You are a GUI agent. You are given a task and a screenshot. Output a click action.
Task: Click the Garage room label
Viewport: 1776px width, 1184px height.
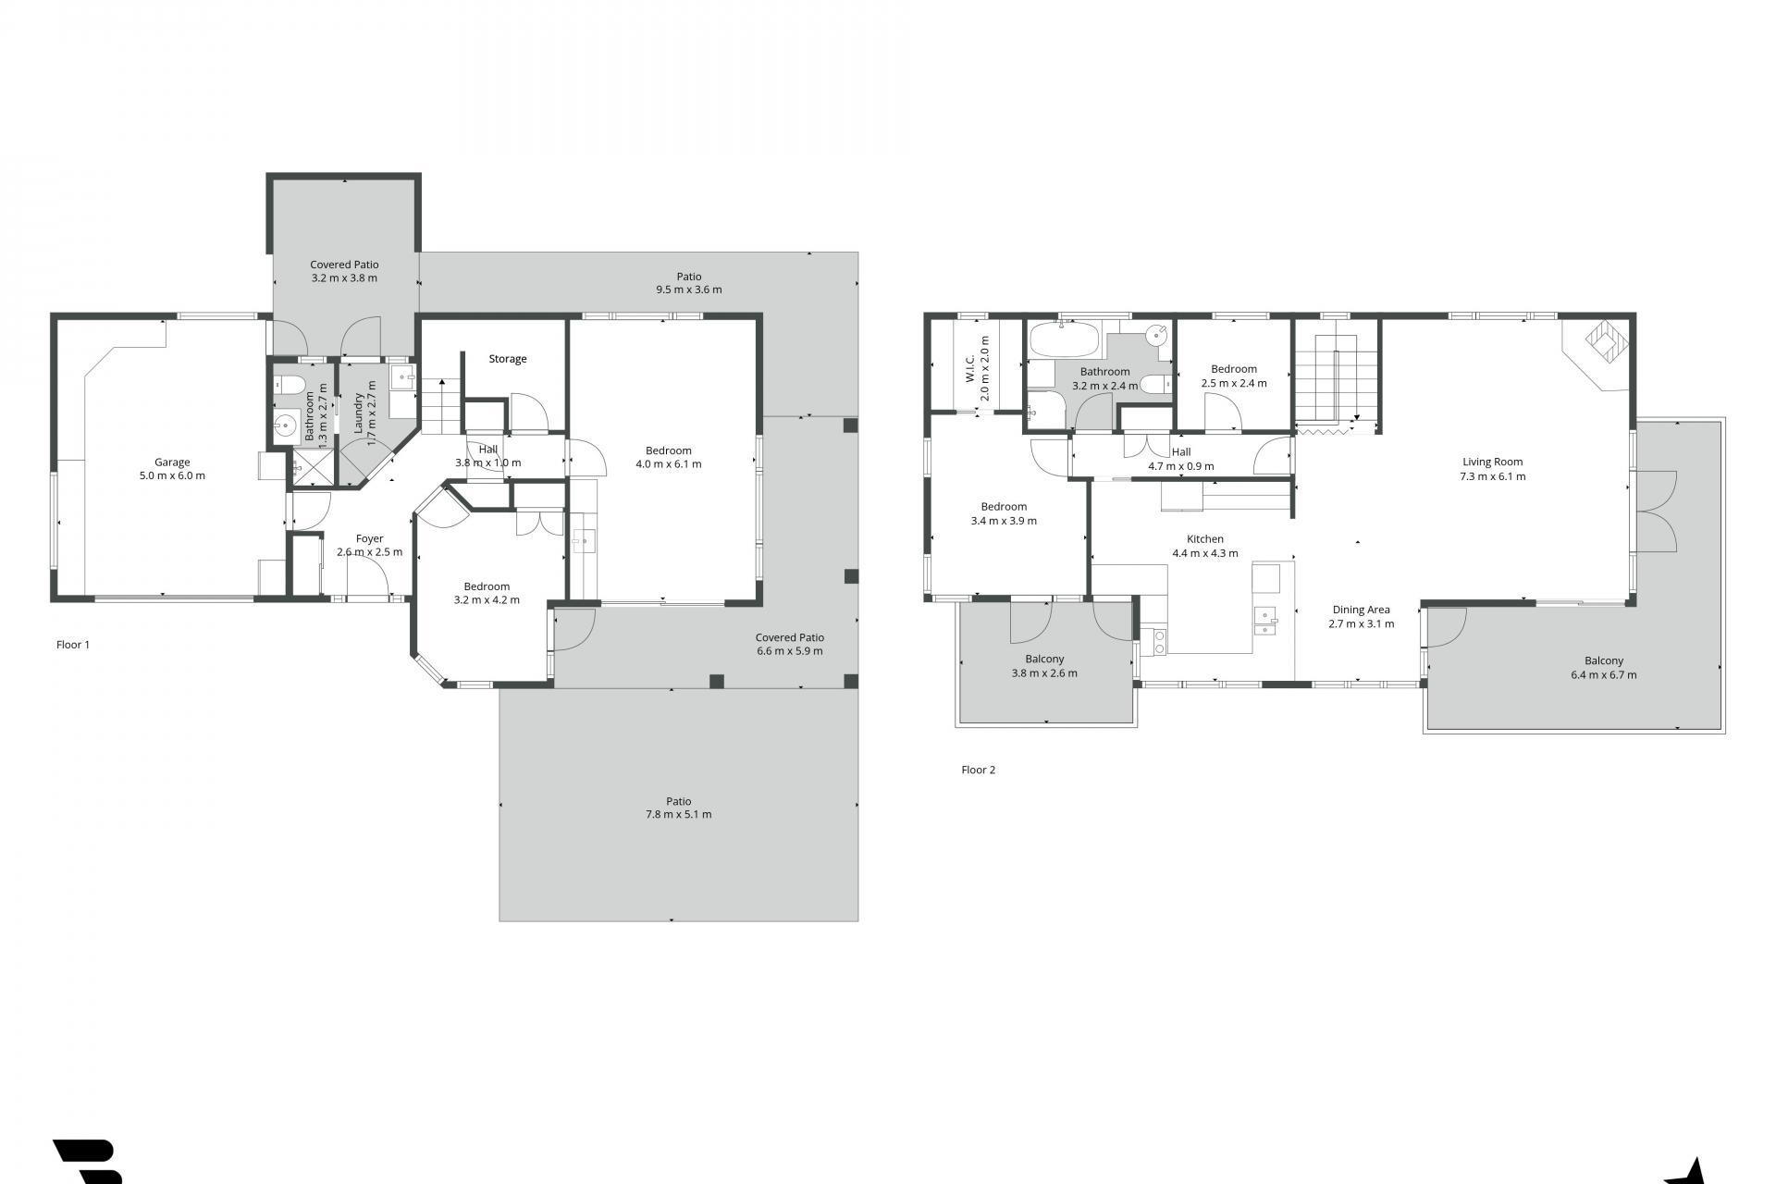click(172, 462)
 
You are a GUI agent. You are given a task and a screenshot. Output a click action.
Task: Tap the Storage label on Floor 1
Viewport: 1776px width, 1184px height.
click(508, 359)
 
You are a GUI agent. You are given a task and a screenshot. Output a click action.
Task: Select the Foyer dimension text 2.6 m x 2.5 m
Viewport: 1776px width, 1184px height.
click(369, 552)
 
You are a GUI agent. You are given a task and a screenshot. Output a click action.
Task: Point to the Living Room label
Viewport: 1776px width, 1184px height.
click(1492, 462)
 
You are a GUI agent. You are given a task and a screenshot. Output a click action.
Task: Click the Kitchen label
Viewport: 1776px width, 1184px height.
click(1205, 539)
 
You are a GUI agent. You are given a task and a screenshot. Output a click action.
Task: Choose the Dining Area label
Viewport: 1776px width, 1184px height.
click(1361, 610)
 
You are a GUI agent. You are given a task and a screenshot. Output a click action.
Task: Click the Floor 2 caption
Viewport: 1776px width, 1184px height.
click(978, 770)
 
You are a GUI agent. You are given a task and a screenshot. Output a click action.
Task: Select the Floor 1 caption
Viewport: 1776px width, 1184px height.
click(73, 645)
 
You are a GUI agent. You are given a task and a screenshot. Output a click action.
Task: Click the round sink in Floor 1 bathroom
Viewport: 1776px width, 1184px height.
click(286, 426)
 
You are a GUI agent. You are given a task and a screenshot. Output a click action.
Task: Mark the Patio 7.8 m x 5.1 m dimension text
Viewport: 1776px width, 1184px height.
click(678, 815)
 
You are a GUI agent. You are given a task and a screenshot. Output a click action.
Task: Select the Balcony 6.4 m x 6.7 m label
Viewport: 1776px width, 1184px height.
click(1603, 668)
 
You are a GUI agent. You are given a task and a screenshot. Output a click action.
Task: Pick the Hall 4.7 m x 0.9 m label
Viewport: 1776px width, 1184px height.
click(1181, 460)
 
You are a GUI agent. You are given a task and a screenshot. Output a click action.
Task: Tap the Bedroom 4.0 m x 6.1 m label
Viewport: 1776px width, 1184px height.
click(668, 458)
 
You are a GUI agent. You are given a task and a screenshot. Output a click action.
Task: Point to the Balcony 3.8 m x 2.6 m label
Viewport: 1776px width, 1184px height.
click(1044, 666)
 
